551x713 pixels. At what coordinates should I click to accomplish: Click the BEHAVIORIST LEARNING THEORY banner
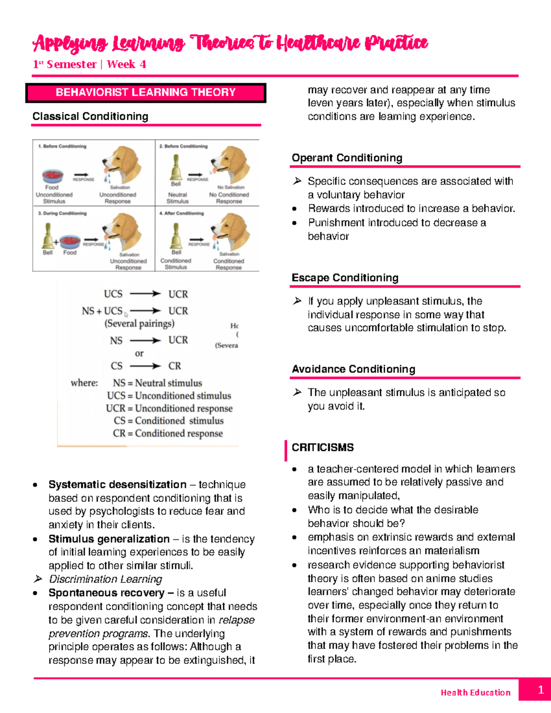click(x=146, y=92)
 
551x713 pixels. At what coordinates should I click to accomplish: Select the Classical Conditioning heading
click(x=90, y=117)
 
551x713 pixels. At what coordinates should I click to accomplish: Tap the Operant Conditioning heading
click(x=347, y=158)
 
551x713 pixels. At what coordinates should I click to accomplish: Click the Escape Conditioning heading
click(x=345, y=278)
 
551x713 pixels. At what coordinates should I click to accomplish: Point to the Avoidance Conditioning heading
click(x=353, y=369)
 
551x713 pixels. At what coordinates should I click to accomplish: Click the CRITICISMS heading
click(x=322, y=448)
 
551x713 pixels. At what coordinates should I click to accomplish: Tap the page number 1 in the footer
click(x=540, y=690)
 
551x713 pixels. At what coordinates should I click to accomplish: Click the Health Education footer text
click(x=475, y=692)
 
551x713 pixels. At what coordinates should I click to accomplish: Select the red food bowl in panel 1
click(x=52, y=176)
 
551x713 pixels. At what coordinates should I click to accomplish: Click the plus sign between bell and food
click(x=56, y=242)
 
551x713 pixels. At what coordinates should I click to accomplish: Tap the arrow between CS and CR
click(x=145, y=366)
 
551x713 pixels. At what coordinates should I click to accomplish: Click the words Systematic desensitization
click(x=118, y=485)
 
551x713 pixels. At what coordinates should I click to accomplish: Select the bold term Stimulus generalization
click(x=109, y=539)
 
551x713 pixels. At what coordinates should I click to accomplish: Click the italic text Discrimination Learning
click(x=106, y=579)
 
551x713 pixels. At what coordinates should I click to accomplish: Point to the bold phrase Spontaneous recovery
click(x=107, y=593)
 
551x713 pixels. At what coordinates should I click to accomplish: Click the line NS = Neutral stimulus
click(x=157, y=383)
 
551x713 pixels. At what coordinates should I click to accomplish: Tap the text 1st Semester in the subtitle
click(x=64, y=64)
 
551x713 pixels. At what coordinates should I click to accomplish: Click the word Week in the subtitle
click(x=121, y=64)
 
